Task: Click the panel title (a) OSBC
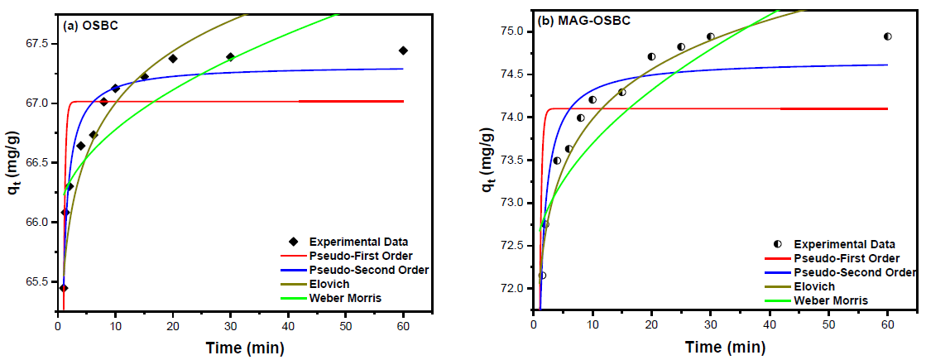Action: [90, 25]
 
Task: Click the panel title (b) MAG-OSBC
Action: [584, 20]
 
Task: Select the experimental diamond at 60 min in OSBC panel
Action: [403, 50]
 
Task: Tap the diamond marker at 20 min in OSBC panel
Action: [173, 59]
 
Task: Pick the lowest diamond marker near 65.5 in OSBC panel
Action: [64, 288]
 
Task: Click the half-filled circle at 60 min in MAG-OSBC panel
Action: [887, 36]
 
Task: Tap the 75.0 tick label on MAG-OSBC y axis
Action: [511, 31]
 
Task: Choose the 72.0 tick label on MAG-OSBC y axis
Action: [511, 288]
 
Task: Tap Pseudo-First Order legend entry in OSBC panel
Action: [361, 255]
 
